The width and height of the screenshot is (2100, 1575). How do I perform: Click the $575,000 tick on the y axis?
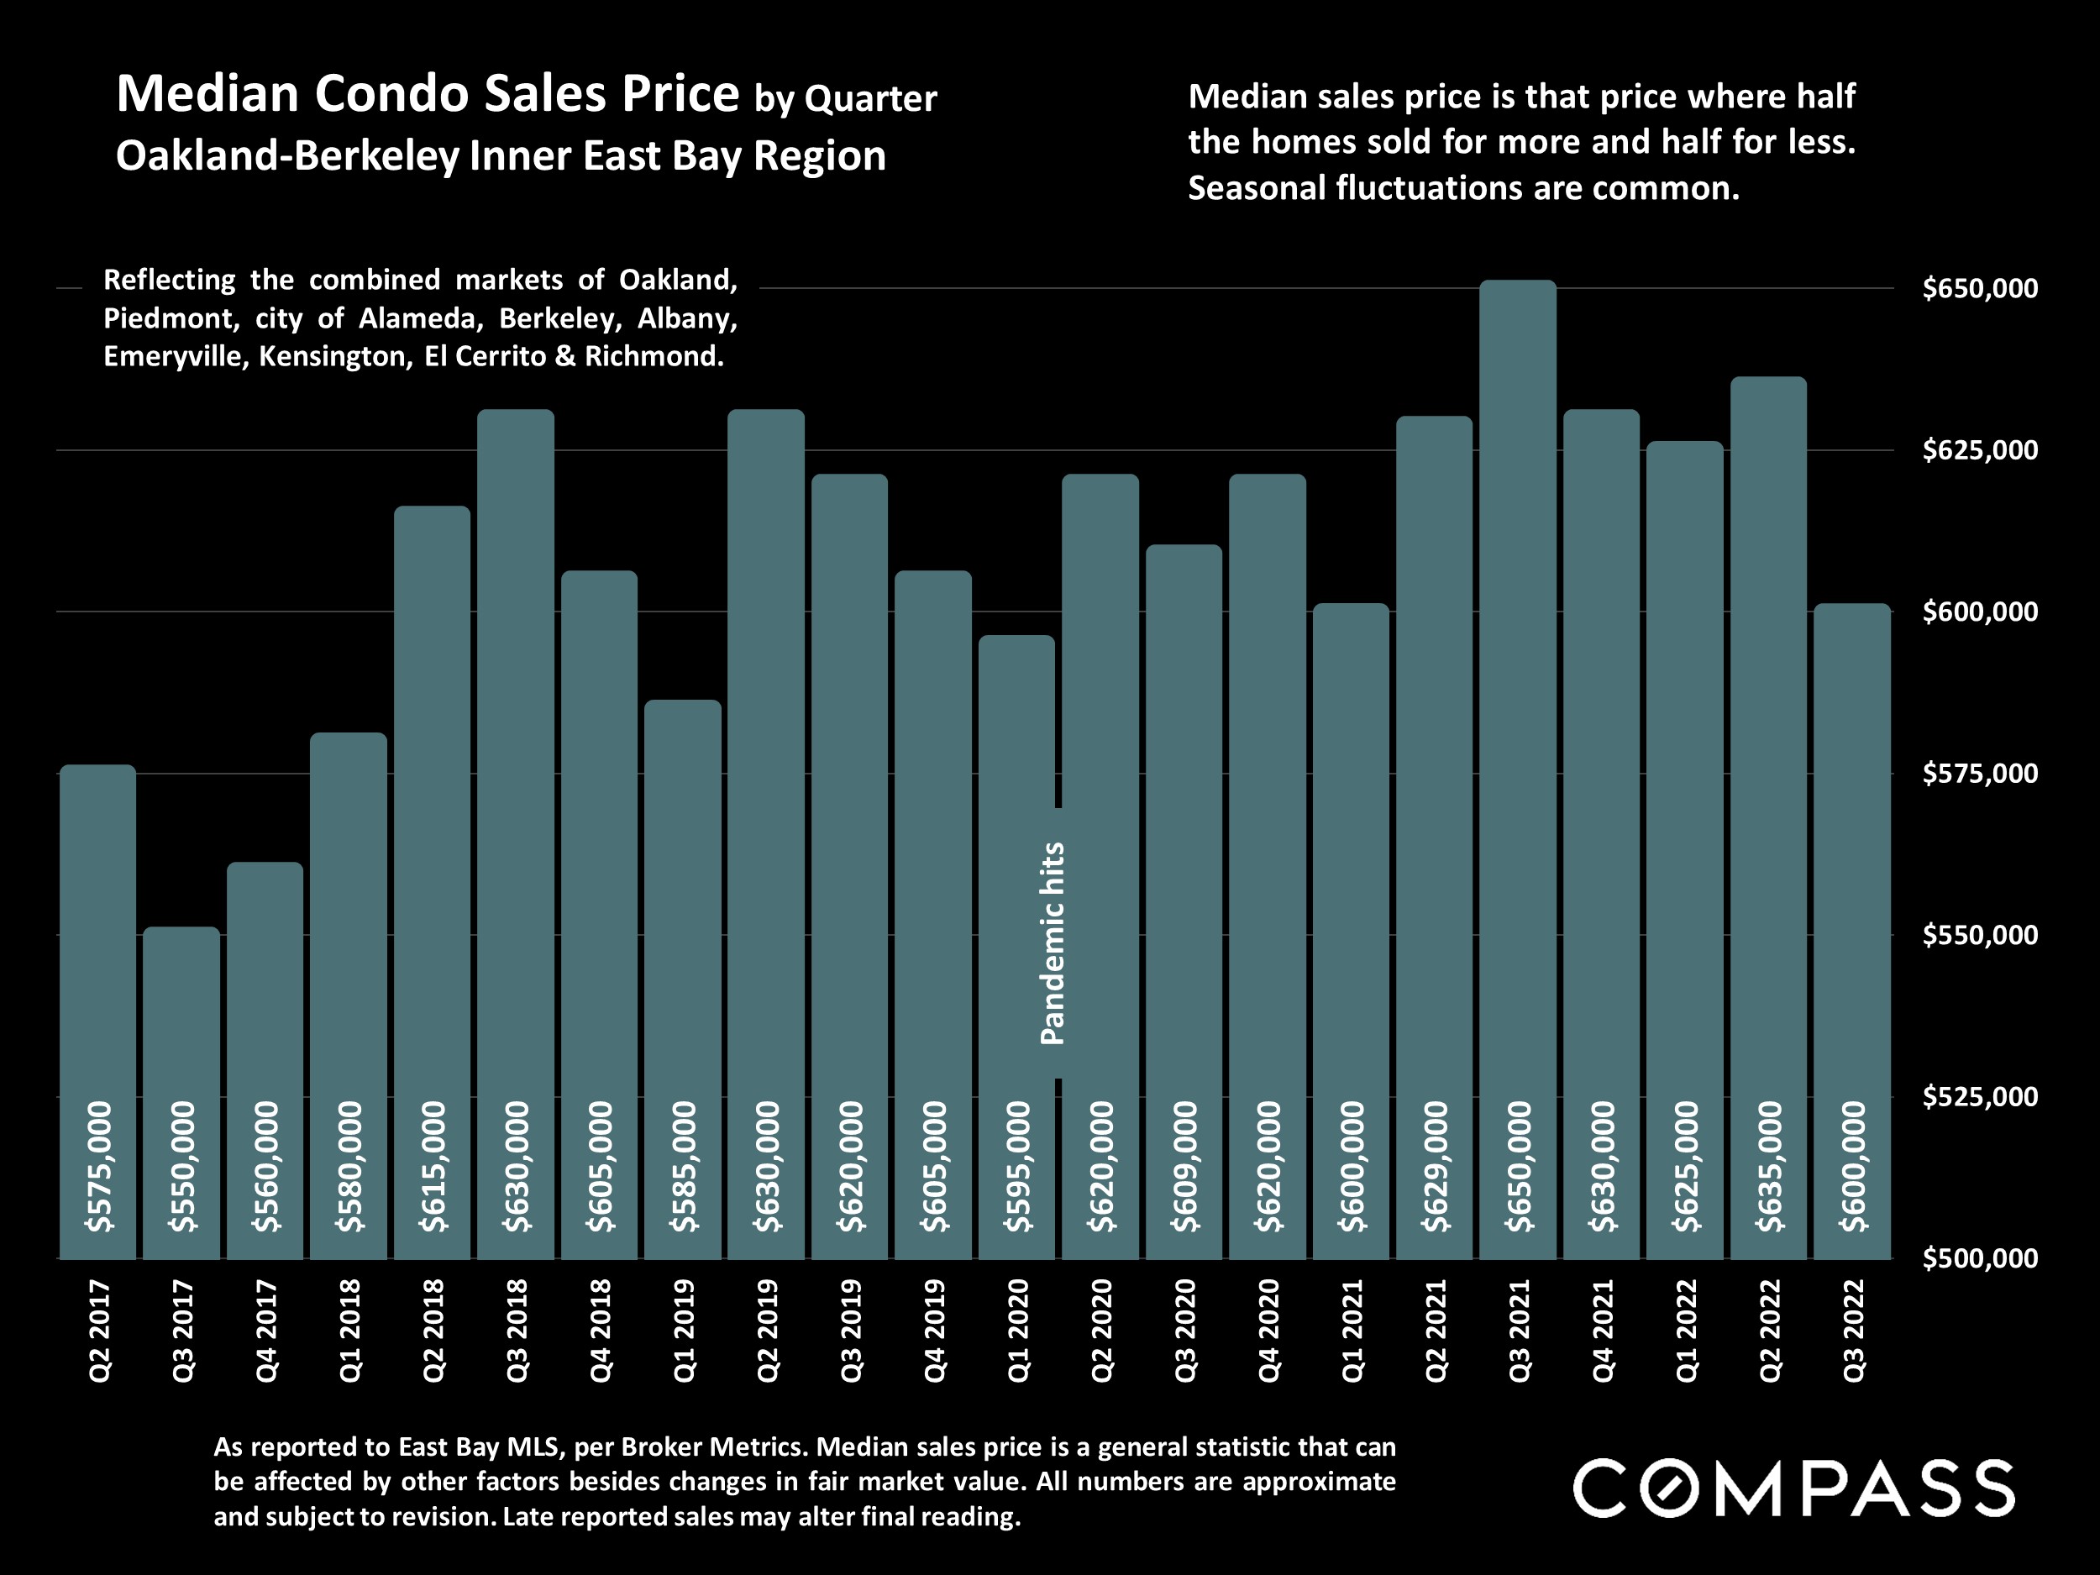click(x=1979, y=774)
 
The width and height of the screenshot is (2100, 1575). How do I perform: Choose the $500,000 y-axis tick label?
click(x=1979, y=1259)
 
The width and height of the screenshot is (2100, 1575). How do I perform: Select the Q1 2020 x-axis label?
click(x=1018, y=1331)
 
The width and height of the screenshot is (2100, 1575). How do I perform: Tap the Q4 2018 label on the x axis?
click(x=600, y=1331)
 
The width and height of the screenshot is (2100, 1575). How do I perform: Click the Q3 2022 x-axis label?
click(x=1852, y=1331)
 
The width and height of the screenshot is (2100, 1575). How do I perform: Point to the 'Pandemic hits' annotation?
click(x=1053, y=943)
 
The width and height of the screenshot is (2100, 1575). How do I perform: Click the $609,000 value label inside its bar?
click(x=1184, y=1167)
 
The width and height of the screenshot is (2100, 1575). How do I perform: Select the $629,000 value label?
click(x=1436, y=1167)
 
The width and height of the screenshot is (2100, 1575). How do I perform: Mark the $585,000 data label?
click(x=684, y=1167)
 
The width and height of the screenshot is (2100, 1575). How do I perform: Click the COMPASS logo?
click(x=1793, y=1488)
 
